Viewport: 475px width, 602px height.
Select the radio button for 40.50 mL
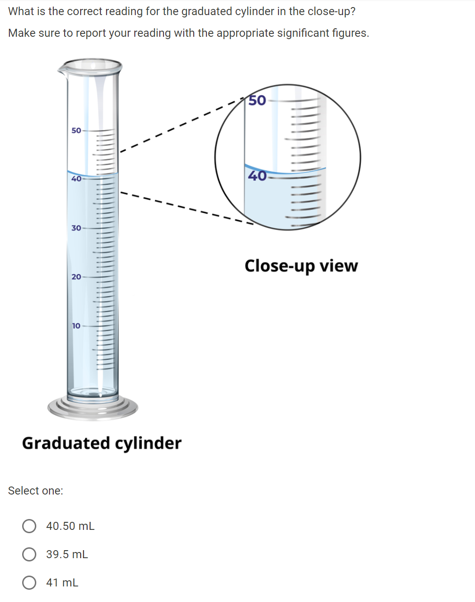(x=29, y=526)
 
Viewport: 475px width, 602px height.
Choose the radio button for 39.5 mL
(x=29, y=554)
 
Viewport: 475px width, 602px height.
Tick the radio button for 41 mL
(x=29, y=583)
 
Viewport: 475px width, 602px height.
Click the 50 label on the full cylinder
(x=76, y=130)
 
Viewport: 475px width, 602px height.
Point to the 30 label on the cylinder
(x=76, y=228)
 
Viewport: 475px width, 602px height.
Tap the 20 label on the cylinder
(x=76, y=277)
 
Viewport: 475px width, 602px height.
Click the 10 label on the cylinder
(x=76, y=326)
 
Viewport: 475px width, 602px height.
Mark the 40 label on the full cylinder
(x=76, y=179)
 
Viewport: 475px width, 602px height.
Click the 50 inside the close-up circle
(x=257, y=100)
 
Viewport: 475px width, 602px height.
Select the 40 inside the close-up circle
(x=257, y=176)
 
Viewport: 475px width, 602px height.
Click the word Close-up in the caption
(x=280, y=266)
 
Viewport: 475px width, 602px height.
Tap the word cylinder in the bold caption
(x=148, y=444)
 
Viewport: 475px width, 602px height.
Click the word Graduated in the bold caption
(x=66, y=443)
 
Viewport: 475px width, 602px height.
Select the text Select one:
(x=36, y=491)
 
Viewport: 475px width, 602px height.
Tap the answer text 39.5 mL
(x=67, y=554)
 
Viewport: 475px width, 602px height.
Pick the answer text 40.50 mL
(x=70, y=526)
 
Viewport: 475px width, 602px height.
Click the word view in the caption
(x=339, y=266)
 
